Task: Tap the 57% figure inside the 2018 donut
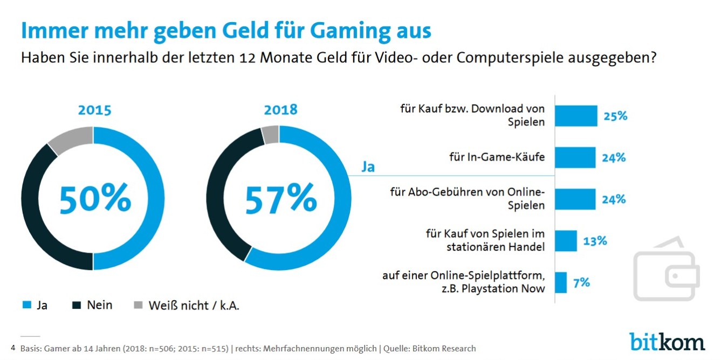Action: pos(281,198)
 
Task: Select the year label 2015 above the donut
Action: pos(94,110)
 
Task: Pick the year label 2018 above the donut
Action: pos(280,109)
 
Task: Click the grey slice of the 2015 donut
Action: pos(72,139)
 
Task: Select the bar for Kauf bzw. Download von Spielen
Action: pos(576,115)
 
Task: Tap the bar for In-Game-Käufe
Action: pos(575,157)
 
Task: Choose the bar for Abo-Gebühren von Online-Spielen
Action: pos(575,199)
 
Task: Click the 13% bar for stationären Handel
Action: pos(566,240)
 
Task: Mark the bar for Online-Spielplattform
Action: pos(561,282)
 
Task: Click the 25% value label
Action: pos(615,115)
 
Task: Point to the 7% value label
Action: pos(581,282)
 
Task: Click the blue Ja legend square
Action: pos(26,306)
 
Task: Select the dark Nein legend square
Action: pos(77,306)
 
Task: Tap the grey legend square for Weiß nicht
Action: pos(138,306)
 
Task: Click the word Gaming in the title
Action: pos(354,31)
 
